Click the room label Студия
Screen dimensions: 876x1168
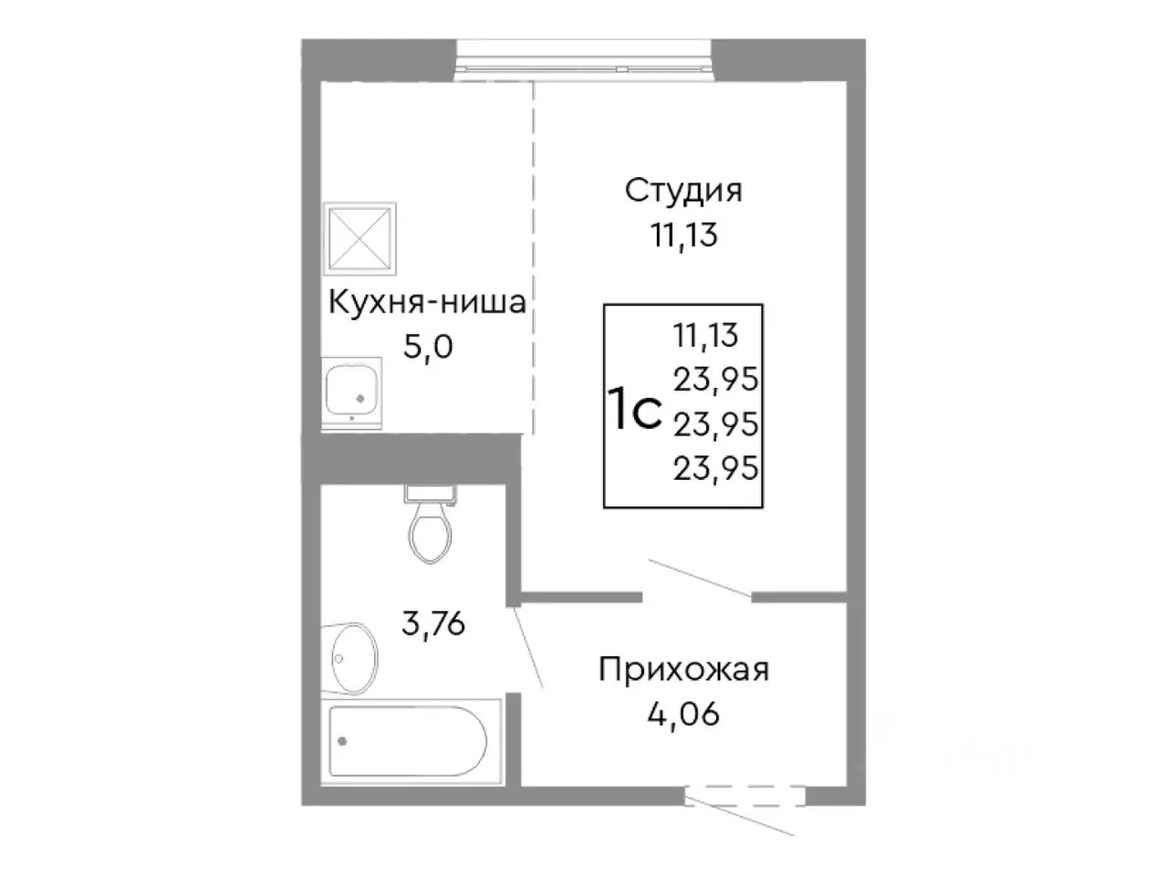coord(683,192)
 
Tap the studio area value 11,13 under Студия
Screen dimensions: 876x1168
coord(683,235)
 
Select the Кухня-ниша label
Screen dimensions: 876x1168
coord(427,302)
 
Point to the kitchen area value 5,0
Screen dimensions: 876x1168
coord(427,347)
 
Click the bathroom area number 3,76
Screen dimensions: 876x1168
coord(434,625)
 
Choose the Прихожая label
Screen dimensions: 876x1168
coord(683,669)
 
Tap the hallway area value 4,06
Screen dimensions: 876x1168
coord(683,713)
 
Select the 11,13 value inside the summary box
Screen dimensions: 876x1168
coord(705,335)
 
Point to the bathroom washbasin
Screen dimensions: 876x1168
coord(352,656)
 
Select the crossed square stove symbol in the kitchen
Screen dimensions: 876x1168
coord(360,236)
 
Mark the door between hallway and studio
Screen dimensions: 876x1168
coord(698,580)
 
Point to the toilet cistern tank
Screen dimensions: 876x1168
coord(429,493)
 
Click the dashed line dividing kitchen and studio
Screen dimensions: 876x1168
coord(534,255)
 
